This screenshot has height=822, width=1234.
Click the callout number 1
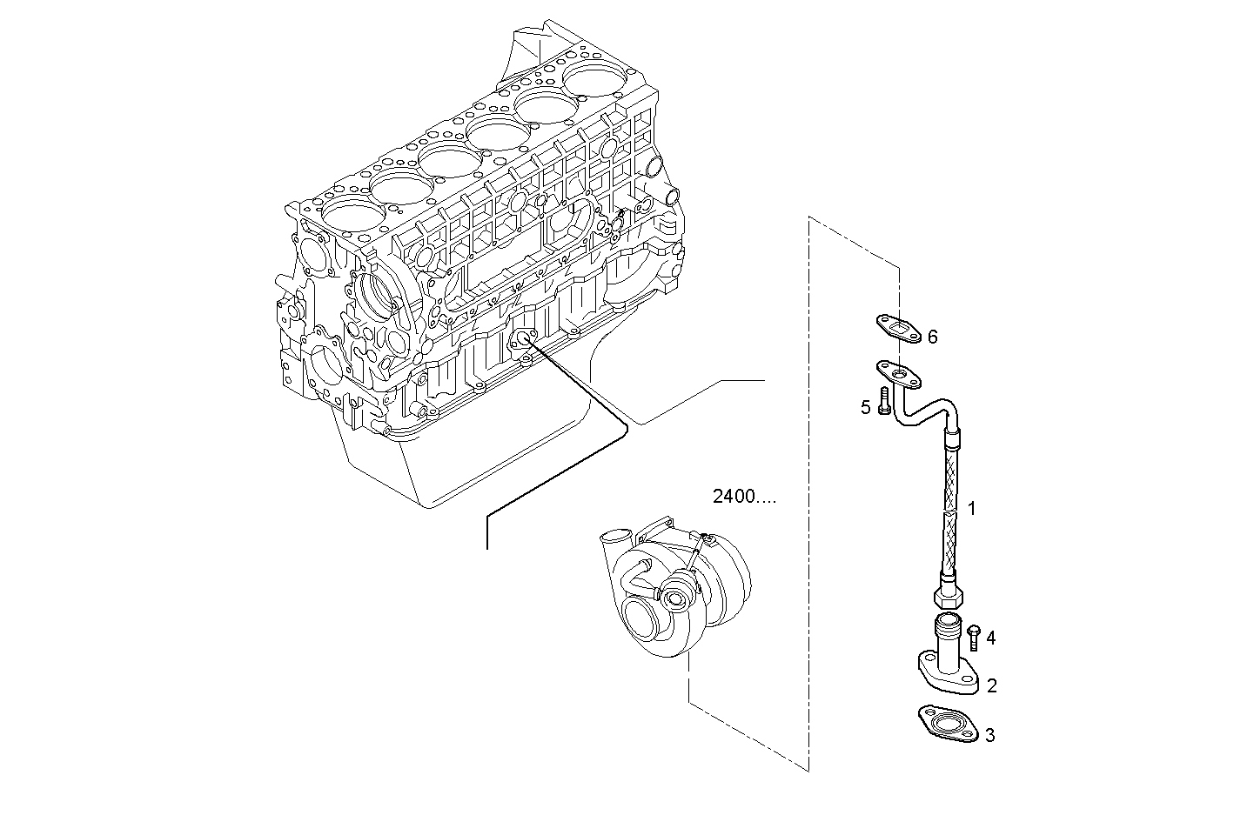(972, 508)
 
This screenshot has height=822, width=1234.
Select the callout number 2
(991, 686)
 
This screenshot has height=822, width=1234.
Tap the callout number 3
(989, 736)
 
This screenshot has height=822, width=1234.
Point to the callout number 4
(990, 638)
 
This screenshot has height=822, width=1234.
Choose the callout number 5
(866, 406)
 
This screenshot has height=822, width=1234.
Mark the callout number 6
(932, 336)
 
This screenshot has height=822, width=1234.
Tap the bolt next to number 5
(885, 402)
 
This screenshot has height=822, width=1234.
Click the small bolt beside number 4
(974, 637)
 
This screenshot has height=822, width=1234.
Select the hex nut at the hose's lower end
(946, 598)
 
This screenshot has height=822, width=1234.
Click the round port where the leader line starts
(525, 339)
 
